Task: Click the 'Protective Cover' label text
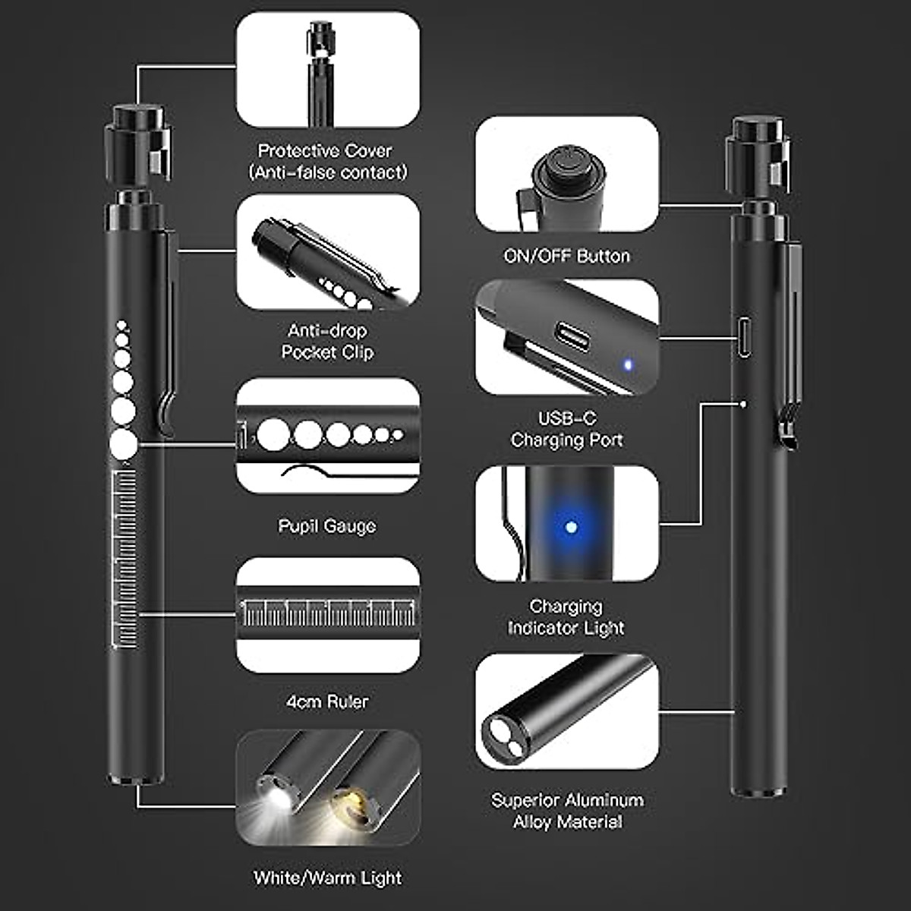coord(327,151)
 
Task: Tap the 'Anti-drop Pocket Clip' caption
coord(327,342)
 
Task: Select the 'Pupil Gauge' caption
coord(327,526)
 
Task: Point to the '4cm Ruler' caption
coord(327,702)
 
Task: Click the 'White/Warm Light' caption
coord(327,878)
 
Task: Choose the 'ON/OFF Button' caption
coord(567,257)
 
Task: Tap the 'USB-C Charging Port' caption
coord(567,430)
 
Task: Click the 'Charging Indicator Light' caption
coord(566,617)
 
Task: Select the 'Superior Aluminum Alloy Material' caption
coord(567,811)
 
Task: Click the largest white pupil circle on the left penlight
coord(123,444)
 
